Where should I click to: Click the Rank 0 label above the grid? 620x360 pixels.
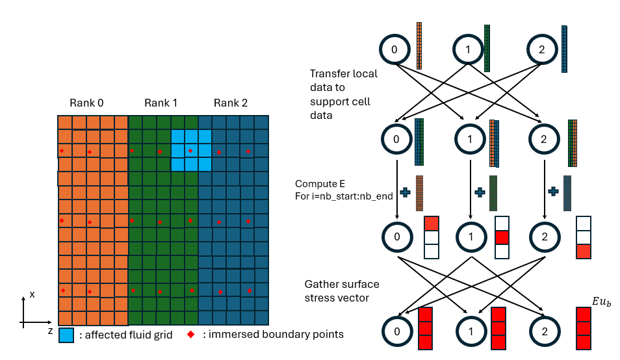pos(88,103)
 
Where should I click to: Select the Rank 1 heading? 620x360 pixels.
pos(161,103)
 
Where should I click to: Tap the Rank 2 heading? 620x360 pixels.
pos(230,103)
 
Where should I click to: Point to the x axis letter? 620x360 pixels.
pos(32,294)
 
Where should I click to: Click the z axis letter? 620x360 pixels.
pos(50,331)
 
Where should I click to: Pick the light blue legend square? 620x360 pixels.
pos(66,335)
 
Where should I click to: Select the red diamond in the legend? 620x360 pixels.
pos(191,334)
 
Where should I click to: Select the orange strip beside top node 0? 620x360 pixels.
pos(419,46)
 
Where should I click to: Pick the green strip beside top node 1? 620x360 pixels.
pos(487,48)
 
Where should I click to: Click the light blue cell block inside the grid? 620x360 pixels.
pos(191,149)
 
